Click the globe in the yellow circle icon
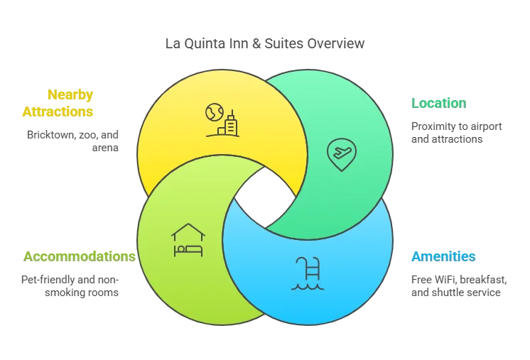coord(215,112)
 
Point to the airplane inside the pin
coord(341,151)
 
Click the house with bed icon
coord(188,240)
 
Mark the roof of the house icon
coord(188,230)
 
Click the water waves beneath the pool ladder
coord(307,285)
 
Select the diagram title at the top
coord(265,43)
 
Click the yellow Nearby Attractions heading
coord(58,103)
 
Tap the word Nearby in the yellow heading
coord(70,94)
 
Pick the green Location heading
coord(437,103)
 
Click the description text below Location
coord(458,133)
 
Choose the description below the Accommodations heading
coord(68,285)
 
